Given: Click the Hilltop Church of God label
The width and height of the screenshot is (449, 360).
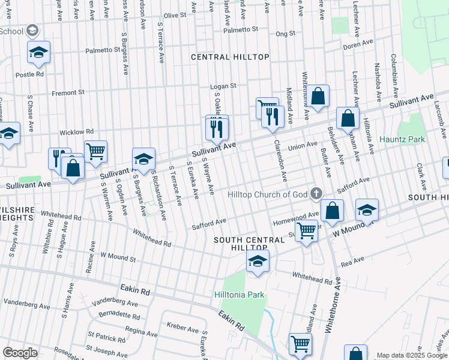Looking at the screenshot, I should click(268, 194).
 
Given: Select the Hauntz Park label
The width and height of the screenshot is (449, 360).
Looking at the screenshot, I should click(402, 139).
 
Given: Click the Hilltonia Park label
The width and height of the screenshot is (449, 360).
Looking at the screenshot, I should click(240, 295).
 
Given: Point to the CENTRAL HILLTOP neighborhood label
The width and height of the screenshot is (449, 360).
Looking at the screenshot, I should click(230, 57).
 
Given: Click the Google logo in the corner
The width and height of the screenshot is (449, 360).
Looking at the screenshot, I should click(19, 353).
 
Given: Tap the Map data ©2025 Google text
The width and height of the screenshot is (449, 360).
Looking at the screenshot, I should click(411, 355).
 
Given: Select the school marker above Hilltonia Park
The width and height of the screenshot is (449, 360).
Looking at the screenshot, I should click(258, 261).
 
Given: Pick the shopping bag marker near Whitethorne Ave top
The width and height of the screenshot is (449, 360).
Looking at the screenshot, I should click(318, 95).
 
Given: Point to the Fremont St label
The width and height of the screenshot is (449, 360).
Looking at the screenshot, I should click(68, 93).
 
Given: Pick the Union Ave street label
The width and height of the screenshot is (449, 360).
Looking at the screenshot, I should click(303, 145).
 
